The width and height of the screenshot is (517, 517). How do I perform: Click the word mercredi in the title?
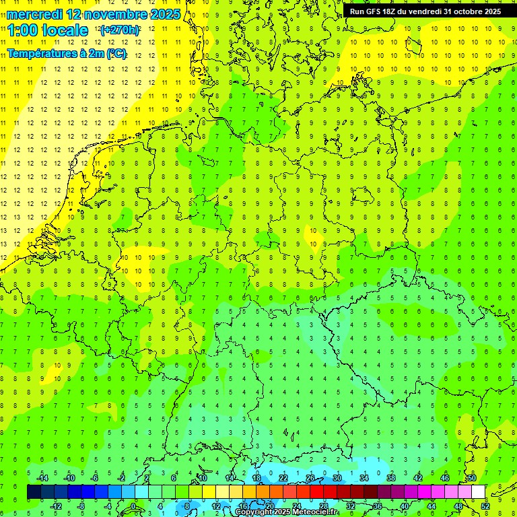pyautogui.click(x=34, y=14)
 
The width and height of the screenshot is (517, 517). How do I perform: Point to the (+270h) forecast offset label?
pyautogui.click(x=119, y=30)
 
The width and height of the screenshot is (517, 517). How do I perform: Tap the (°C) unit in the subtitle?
pyautogui.click(x=116, y=54)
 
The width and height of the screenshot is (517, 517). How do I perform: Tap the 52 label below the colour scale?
pyautogui.click(x=485, y=506)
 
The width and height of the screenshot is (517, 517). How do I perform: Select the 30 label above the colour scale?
pyautogui.click(x=337, y=478)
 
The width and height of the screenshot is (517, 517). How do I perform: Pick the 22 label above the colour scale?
pyautogui.click(x=283, y=478)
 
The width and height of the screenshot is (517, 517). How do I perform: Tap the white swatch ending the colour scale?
pyautogui.click(x=478, y=492)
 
